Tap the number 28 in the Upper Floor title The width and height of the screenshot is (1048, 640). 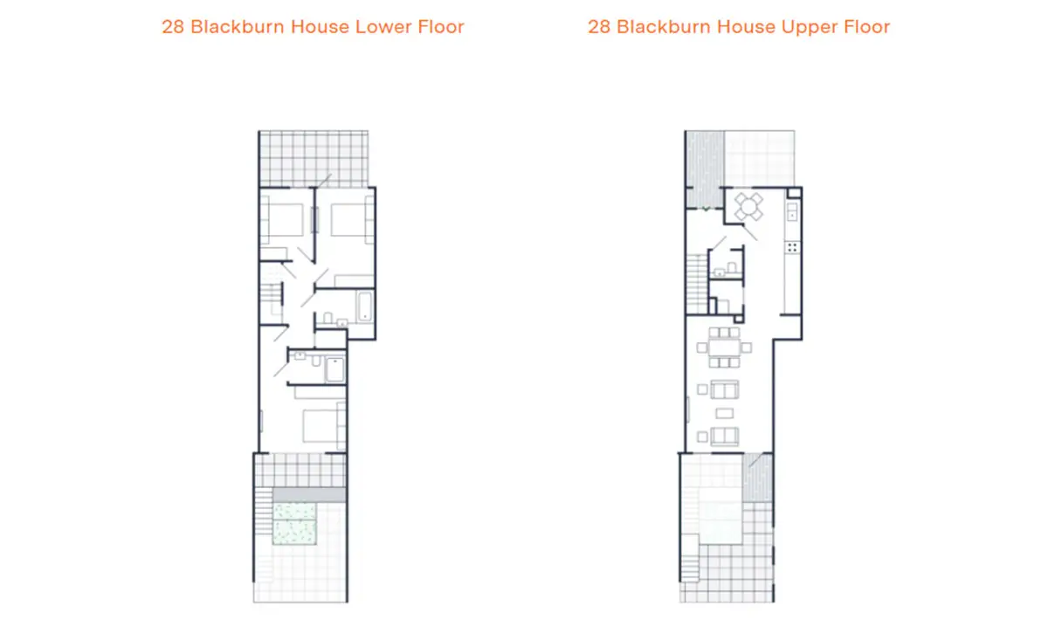pos(599,27)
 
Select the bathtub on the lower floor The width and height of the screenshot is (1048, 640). pos(364,306)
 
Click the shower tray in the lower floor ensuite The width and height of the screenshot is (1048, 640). pos(334,369)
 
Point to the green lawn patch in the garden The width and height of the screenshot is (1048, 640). pos(295,524)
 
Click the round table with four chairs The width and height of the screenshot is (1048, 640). pos(748,206)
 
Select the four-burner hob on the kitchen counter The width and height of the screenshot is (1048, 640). pos(792,247)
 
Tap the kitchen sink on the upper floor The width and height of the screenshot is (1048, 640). pos(791,211)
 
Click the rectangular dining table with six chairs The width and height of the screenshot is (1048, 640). pos(724,348)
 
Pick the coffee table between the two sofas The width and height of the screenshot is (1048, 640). pos(724,413)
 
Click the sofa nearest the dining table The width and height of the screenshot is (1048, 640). pos(725,389)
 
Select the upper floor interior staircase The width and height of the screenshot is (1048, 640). pos(697,284)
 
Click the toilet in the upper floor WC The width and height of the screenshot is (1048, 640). pos(732,268)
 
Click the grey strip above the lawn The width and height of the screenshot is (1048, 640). pos(309,495)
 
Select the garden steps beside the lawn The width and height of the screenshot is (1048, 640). pos(264,512)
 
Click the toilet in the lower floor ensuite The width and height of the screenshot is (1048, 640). pos(317,361)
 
